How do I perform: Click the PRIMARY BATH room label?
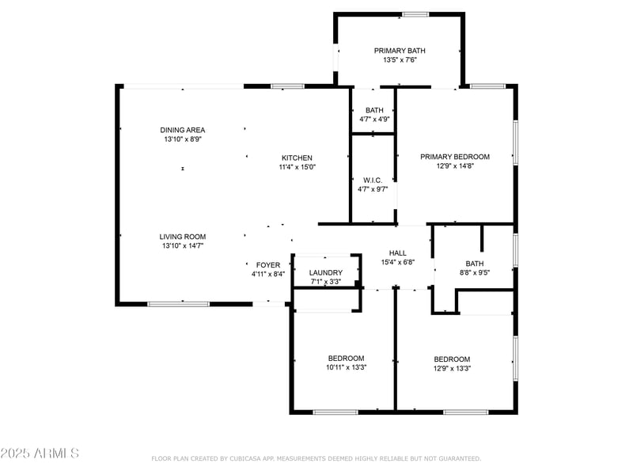400,51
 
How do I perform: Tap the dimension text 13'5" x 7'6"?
400,60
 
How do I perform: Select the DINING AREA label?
183,130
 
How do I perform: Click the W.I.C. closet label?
373,180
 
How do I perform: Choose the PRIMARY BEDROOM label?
455,157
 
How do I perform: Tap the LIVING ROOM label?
183,237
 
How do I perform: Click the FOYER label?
268,265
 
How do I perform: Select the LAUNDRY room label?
325,272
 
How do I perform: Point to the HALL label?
398,253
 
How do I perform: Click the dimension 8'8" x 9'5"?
475,273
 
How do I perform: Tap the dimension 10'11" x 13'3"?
347,367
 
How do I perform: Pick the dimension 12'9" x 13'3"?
452,368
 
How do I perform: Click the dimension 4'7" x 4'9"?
374,120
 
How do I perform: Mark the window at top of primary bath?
415,14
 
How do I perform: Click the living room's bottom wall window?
179,302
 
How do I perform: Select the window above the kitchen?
287,85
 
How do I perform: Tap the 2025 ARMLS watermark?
40,454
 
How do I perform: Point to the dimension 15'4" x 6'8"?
398,263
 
